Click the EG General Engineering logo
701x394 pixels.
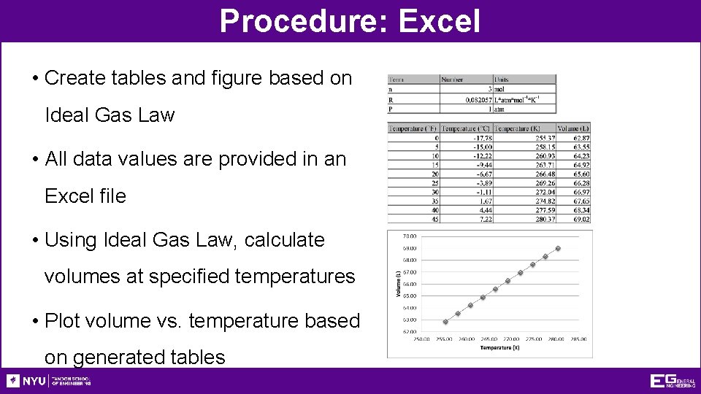tap(673, 381)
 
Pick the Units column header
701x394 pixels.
tap(502, 79)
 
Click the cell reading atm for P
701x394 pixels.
tap(500, 109)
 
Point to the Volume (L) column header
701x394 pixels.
tap(574, 129)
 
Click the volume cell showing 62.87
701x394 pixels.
tap(581, 138)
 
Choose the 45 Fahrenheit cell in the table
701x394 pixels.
tap(436, 219)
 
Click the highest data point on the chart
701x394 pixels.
tap(559, 248)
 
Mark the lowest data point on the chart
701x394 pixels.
tap(445, 322)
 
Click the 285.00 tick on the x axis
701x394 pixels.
tap(580, 339)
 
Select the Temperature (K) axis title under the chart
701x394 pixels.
tap(500, 348)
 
